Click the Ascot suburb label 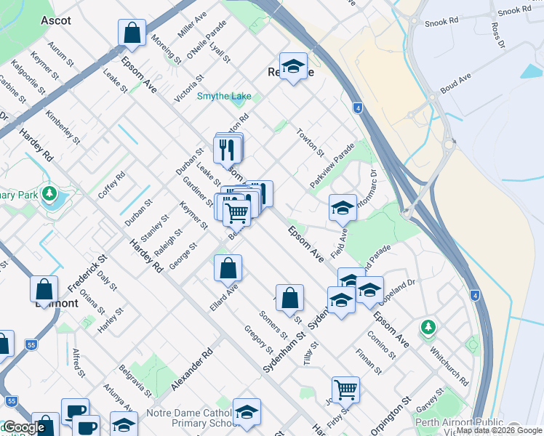point(56,20)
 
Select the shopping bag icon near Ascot point(132,32)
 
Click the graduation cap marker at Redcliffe point(292,68)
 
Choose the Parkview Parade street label point(332,166)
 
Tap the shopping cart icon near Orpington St point(345,389)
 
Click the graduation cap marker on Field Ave point(342,208)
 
